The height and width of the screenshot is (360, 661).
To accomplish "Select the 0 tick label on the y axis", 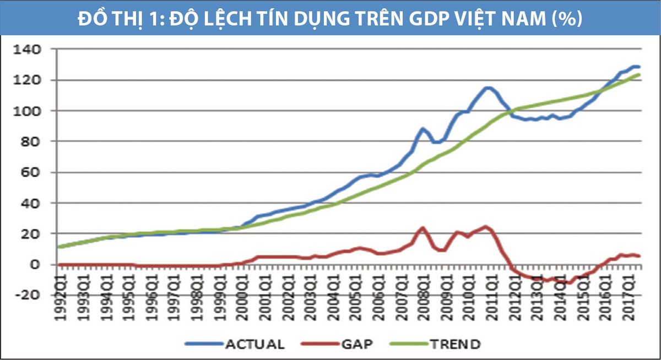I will point(36,265).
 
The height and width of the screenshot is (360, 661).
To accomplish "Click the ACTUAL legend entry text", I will point(254,345).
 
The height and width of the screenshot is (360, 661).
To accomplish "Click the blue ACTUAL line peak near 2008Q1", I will point(422,129).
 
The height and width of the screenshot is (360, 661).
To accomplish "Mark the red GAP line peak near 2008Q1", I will point(422,227).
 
